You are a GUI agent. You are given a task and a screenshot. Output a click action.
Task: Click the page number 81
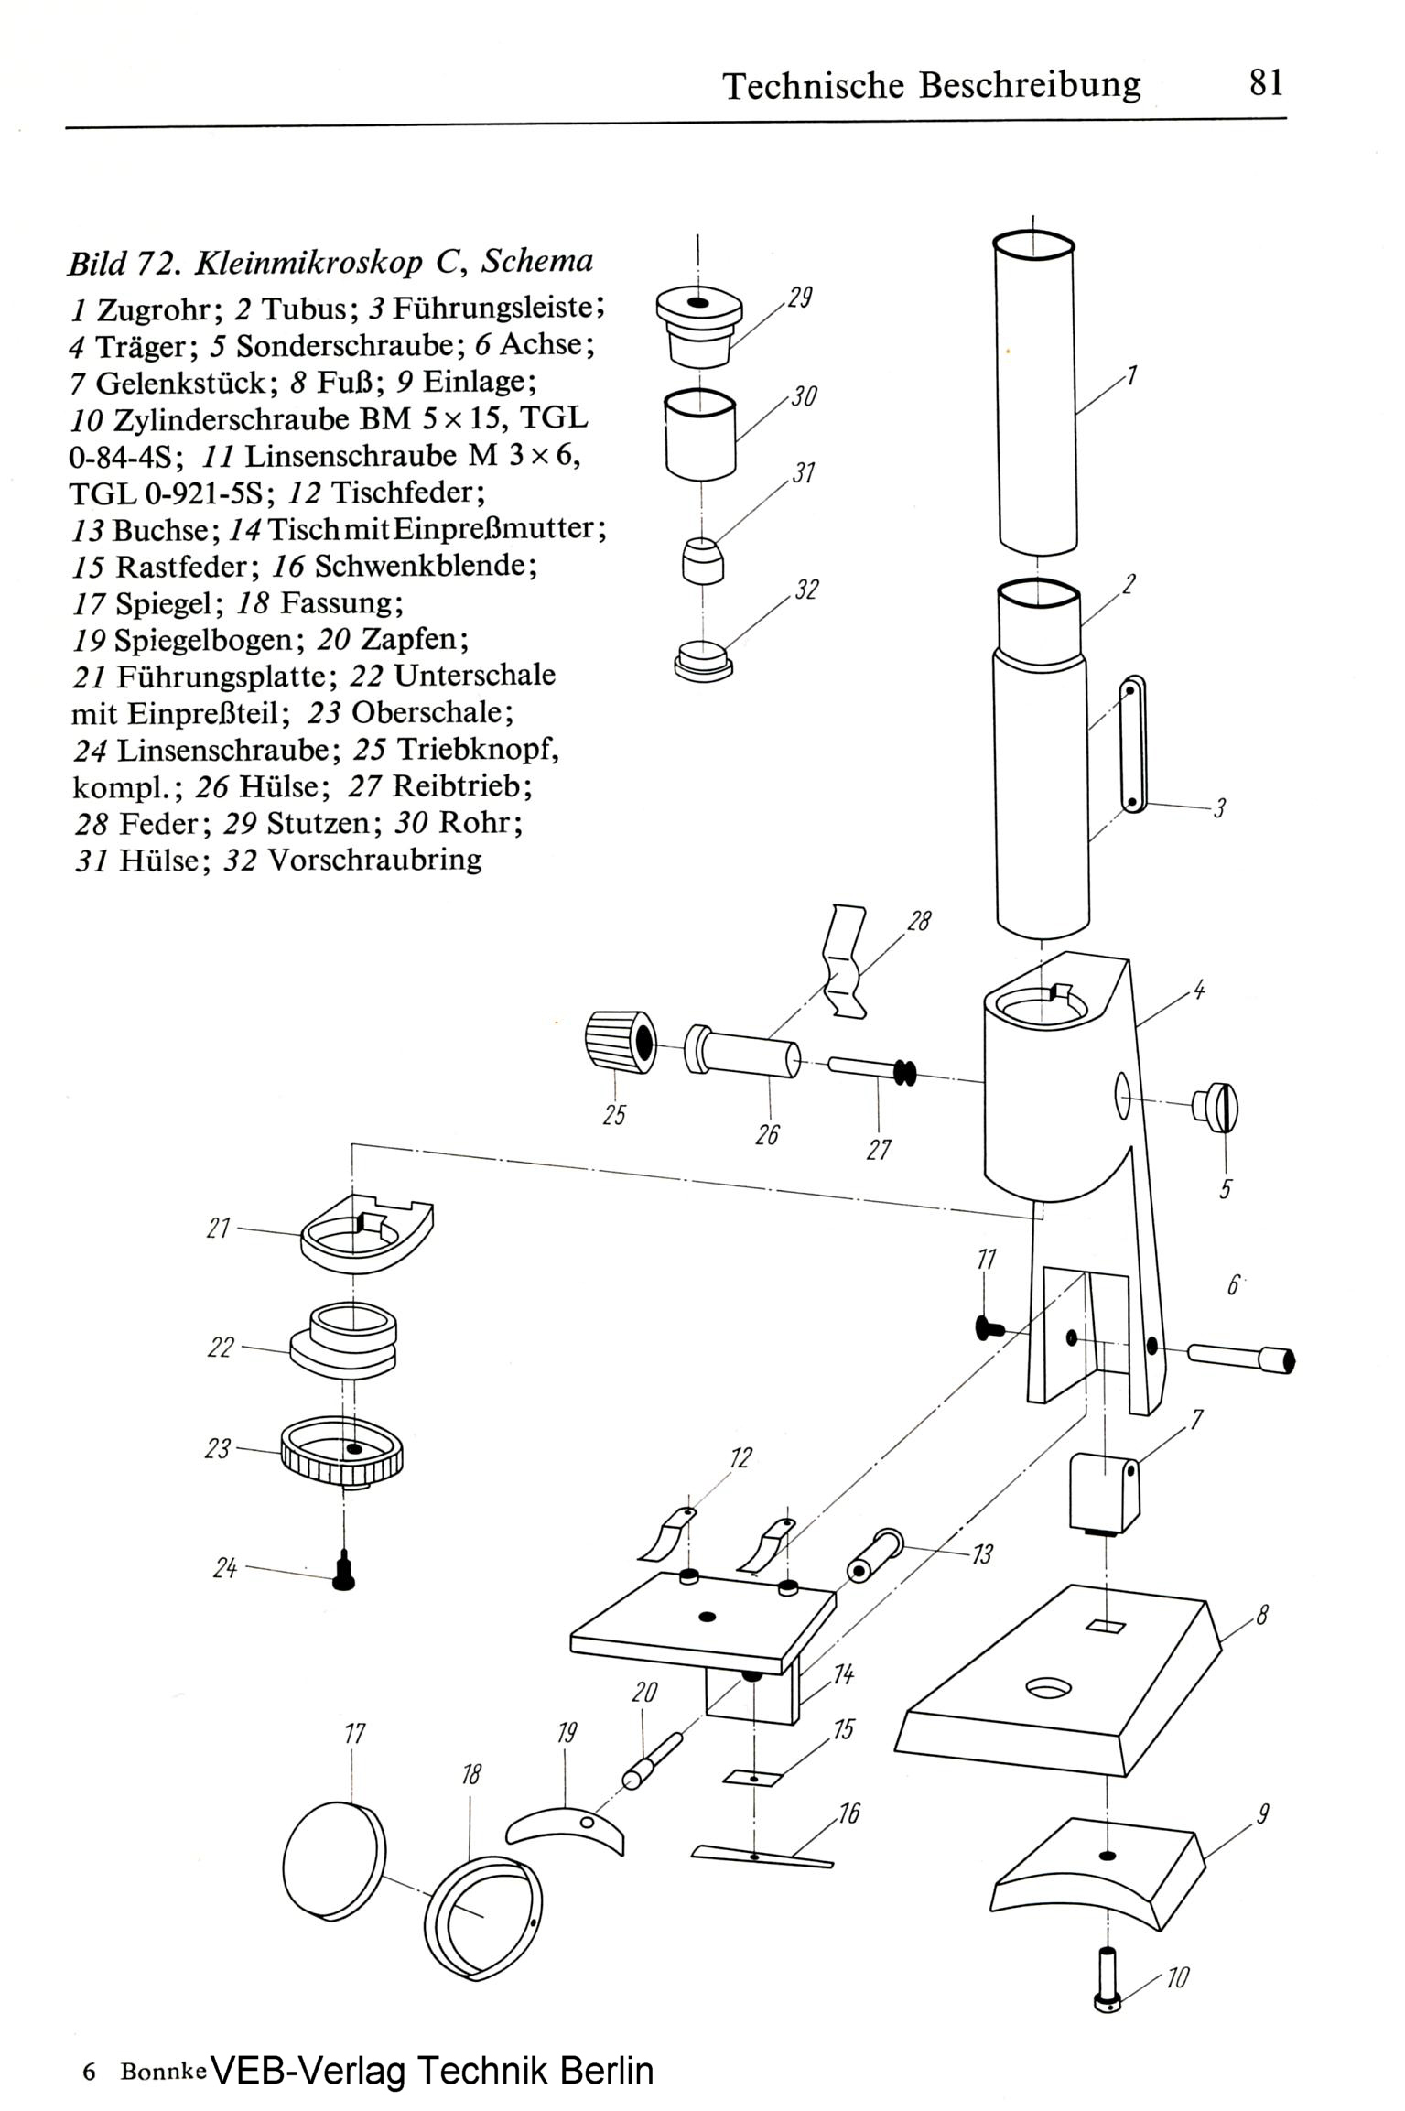pyautogui.click(x=1266, y=83)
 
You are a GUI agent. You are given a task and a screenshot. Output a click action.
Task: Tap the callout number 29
pyautogui.click(x=799, y=298)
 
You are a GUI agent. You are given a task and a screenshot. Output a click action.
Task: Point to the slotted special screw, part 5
pyautogui.click(x=1216, y=1108)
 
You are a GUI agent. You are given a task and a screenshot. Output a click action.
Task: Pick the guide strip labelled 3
pyautogui.click(x=1133, y=745)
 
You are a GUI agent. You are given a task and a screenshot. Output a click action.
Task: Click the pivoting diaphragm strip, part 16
pyautogui.click(x=762, y=1855)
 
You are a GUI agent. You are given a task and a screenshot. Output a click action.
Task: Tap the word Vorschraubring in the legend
pyautogui.click(x=374, y=861)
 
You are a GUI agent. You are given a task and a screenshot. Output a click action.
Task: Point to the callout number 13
pyautogui.click(x=982, y=1553)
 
